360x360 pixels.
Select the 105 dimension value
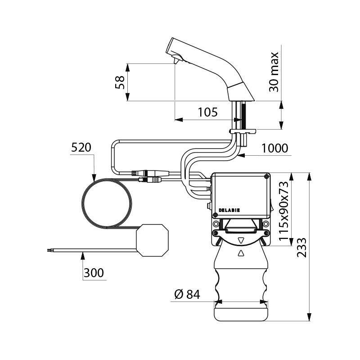207,112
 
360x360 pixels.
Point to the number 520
81,147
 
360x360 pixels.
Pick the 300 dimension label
93,273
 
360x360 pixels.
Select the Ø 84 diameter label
186,295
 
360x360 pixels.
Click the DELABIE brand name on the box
229,210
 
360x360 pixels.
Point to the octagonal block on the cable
153,241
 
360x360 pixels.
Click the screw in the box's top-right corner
267,176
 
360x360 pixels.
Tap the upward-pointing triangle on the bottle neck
241,253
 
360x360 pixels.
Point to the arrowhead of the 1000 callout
240,156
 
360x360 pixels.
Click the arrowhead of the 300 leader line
82,255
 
